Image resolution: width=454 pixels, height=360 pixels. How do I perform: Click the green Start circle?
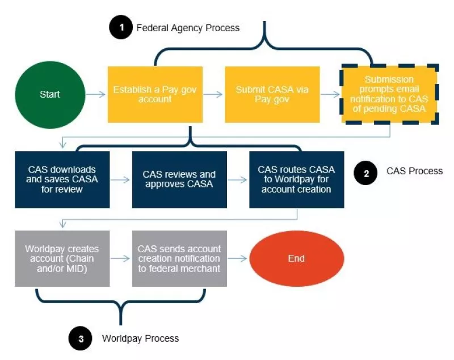click(50, 94)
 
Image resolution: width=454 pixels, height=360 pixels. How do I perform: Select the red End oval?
click(296, 258)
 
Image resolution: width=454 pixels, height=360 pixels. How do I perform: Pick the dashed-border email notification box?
click(389, 94)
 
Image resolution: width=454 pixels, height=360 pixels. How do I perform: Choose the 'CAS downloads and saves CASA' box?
click(62, 179)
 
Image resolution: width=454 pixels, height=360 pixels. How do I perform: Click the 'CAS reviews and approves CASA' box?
click(179, 179)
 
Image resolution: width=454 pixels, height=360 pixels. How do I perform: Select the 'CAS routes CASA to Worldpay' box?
click(296, 179)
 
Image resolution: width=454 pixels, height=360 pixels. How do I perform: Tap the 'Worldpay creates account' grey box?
click(62, 258)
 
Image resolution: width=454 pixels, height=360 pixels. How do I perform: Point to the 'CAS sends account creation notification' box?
click(179, 258)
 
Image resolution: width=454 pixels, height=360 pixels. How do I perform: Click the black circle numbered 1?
click(120, 28)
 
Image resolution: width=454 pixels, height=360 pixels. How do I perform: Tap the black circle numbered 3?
click(81, 339)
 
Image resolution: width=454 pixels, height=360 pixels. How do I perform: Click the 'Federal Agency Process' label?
click(188, 28)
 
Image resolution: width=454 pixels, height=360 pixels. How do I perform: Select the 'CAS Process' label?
click(415, 171)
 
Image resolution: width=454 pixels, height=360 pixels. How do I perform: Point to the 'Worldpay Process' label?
click(140, 338)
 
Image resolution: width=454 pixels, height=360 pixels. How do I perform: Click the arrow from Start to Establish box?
click(95, 94)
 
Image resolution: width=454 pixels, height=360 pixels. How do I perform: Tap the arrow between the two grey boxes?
click(121, 258)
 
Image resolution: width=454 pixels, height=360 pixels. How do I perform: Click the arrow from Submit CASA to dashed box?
click(329, 94)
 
